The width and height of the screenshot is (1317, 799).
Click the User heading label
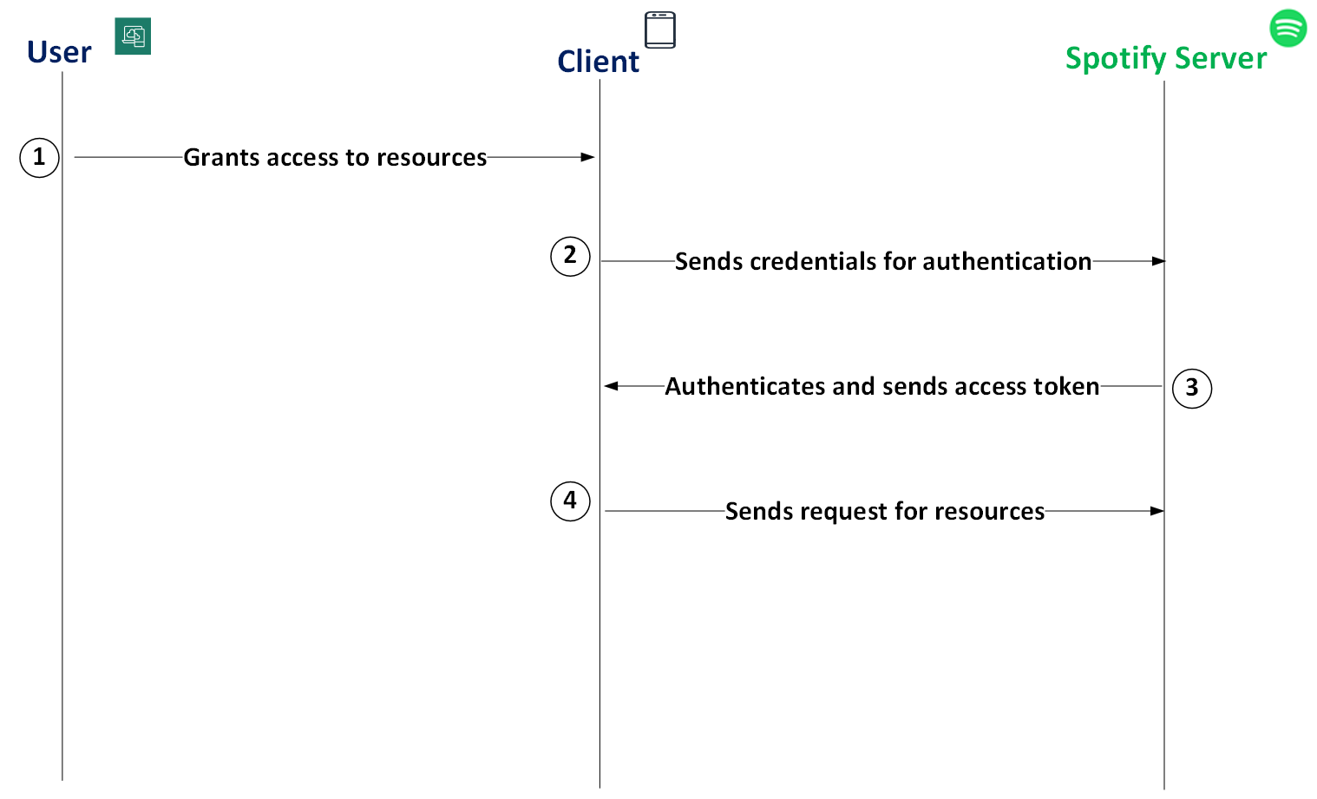[x=59, y=53]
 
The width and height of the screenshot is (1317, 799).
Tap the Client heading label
[x=598, y=62]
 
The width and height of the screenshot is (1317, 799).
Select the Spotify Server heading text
[x=1165, y=58]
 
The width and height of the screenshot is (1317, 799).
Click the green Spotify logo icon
[x=1288, y=28]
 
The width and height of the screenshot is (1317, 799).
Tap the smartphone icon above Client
[x=659, y=29]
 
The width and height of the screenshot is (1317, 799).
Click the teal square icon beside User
[x=133, y=36]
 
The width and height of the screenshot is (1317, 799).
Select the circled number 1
[x=39, y=158]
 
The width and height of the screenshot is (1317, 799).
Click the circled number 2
[x=570, y=256]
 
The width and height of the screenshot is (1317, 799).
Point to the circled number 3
[x=1191, y=388]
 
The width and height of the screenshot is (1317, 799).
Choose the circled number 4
[x=570, y=501]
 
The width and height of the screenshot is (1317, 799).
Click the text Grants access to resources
[x=335, y=158]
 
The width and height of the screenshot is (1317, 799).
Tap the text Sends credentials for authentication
[x=882, y=261]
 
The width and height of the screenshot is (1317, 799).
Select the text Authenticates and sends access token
[x=881, y=386]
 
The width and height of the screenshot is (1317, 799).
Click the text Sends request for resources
[x=884, y=511]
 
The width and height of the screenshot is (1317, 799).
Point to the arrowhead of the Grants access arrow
[x=588, y=157]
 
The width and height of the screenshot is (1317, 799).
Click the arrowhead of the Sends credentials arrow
[x=1158, y=261]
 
